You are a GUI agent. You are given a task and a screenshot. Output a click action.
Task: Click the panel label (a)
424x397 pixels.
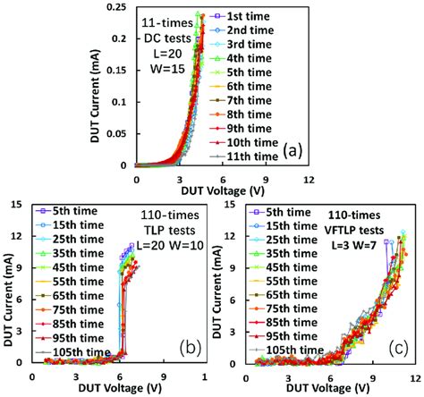pyautogui.click(x=292, y=151)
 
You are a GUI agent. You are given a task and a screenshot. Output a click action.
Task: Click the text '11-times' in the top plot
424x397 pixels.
pyautogui.click(x=164, y=21)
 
